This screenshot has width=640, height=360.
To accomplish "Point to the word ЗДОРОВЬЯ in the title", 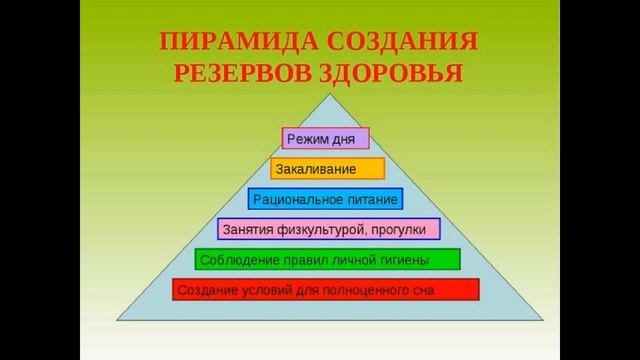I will coord(393,75).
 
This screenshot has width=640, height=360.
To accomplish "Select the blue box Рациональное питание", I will coord(325,199).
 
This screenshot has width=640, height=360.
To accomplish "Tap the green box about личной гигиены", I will coord(327,260).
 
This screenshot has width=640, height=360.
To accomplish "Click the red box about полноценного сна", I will coord(325,290).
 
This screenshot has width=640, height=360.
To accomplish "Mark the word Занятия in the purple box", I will coord(246,230).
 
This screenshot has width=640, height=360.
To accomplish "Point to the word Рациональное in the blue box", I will coord(298,199).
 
